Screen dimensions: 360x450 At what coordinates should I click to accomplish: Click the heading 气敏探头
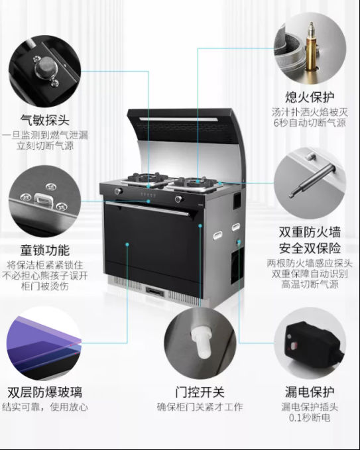tap(45, 120)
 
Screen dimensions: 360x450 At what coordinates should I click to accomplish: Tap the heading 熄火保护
tap(310, 97)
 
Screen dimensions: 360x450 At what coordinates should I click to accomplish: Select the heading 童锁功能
tap(45, 250)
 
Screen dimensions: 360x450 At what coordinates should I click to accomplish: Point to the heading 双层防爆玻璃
tap(45, 392)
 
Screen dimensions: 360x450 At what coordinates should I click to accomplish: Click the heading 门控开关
tap(200, 392)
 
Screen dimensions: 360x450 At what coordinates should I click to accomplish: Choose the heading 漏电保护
tap(310, 392)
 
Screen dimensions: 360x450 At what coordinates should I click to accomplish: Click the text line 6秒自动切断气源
tap(310, 123)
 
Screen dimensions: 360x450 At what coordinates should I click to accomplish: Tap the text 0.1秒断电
tap(310, 418)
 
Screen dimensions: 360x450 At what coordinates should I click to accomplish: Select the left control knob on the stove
tap(118, 191)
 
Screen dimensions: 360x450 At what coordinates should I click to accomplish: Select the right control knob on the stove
tap(178, 199)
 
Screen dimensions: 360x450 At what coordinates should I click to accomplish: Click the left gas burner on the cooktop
tap(148, 178)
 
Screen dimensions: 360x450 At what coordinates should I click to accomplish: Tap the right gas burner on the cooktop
tap(196, 182)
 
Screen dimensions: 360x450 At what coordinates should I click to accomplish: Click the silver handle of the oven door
tap(148, 209)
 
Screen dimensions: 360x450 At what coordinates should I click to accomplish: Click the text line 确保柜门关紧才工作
tap(200, 407)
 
